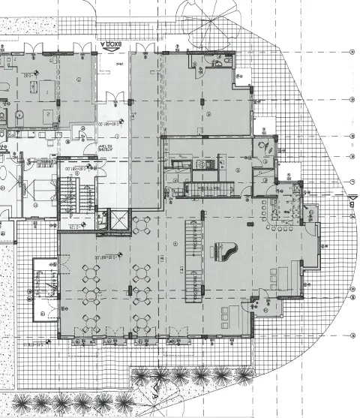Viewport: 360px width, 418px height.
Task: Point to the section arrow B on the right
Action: pos(350,197)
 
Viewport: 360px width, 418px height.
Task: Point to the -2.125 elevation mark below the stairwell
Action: pos(73,226)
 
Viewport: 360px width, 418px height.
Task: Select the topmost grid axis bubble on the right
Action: pos(352,52)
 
